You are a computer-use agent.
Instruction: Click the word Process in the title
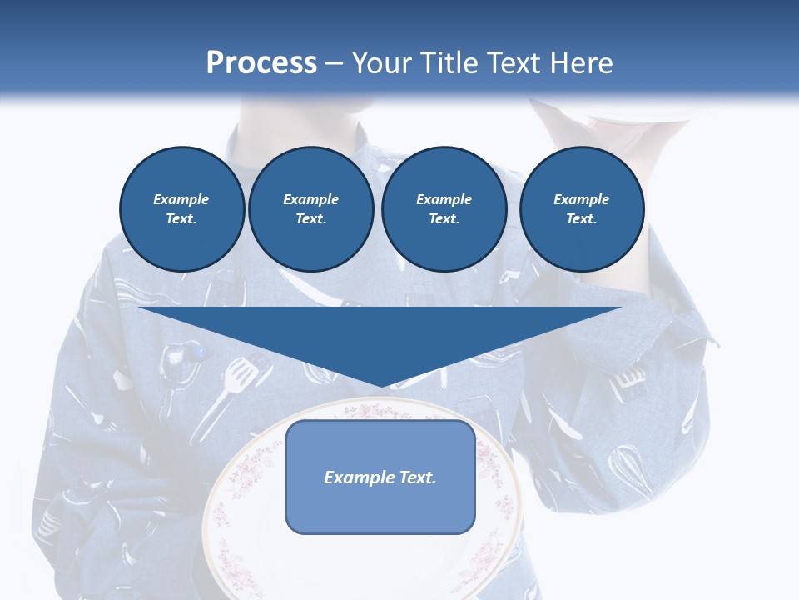(x=261, y=63)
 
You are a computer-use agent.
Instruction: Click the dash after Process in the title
(x=334, y=64)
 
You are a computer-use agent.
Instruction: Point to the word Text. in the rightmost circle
(x=581, y=218)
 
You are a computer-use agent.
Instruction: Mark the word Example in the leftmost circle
(x=181, y=199)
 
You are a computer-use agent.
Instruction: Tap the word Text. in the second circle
(x=310, y=218)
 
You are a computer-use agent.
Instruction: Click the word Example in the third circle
(x=444, y=199)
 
